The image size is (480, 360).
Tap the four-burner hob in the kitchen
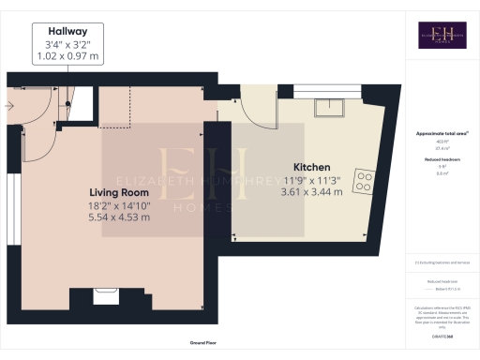[x=364, y=178]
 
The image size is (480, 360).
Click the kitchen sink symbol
[x=330, y=106]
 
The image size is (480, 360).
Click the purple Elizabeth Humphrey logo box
[x=442, y=35]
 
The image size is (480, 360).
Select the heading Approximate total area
[x=442, y=133]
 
